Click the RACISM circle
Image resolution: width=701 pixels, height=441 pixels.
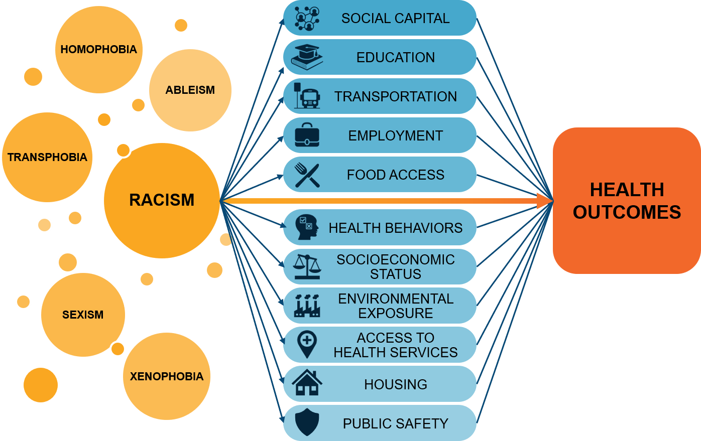[x=162, y=200]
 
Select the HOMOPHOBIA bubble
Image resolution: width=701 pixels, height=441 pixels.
[x=98, y=50]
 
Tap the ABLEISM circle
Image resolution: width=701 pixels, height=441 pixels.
[x=190, y=90]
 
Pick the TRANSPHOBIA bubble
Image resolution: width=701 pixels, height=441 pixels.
[x=47, y=158]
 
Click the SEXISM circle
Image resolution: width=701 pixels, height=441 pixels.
[x=83, y=315]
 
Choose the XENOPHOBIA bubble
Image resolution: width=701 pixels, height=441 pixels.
[x=167, y=376]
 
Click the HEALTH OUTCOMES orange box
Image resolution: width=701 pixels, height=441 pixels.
[x=627, y=201]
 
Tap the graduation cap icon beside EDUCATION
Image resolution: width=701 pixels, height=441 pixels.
[x=307, y=57]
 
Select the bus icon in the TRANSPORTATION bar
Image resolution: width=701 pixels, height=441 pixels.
[x=308, y=96]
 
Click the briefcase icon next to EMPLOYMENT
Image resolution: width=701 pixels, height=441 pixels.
[x=307, y=135]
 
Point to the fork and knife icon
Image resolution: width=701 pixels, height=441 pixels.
[x=307, y=175]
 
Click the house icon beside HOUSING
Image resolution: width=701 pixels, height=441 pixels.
[x=307, y=383]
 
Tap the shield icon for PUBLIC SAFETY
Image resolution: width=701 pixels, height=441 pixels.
[x=307, y=422]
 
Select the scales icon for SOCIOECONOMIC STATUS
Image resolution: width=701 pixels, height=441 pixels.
[x=307, y=266]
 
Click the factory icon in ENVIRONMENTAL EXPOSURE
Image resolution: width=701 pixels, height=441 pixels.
[x=307, y=306]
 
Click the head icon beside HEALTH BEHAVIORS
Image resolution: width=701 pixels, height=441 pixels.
[x=307, y=227]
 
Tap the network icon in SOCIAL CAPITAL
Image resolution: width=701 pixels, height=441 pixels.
[x=307, y=18]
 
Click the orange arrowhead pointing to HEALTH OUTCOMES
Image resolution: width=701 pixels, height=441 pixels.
[x=545, y=201]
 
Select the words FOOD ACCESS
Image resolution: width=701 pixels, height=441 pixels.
[x=395, y=175]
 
